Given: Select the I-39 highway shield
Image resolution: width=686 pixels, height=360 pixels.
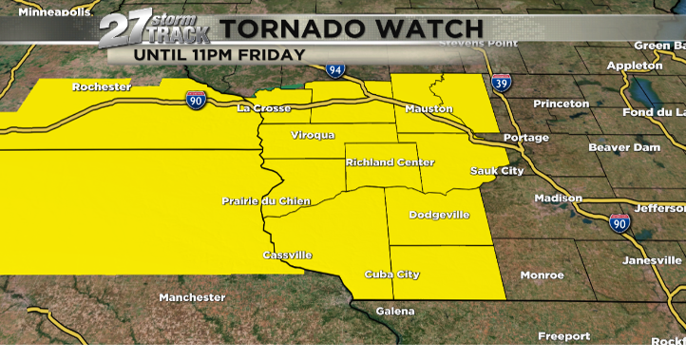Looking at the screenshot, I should tap(500, 84).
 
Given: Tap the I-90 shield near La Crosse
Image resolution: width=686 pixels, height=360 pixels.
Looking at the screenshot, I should tap(195, 100).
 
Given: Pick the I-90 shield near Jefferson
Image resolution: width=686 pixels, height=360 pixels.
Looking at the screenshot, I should tap(619, 222).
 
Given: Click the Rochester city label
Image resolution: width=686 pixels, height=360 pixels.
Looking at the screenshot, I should tap(101, 87).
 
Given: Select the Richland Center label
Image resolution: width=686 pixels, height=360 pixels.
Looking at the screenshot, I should tap(383, 162).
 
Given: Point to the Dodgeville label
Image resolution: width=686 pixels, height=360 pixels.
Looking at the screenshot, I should tap(439, 215).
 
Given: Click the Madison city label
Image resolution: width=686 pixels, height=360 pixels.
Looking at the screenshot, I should tap(558, 198).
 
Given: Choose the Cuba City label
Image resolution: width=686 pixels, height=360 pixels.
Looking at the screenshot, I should tap(392, 275).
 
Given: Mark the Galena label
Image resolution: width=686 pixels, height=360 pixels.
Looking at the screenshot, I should tap(395, 312).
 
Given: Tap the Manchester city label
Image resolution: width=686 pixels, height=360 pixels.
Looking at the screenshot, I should tap(192, 297).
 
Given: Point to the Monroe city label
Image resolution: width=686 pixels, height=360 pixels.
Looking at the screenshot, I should tap(542, 275).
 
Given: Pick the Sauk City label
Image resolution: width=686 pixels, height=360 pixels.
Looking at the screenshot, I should tap(497, 171).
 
